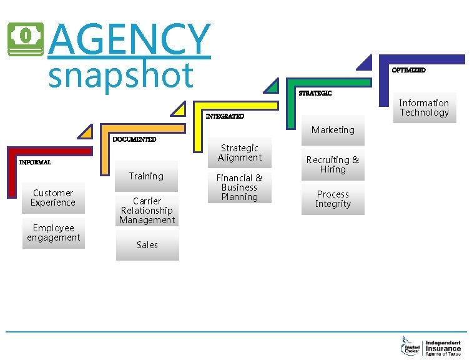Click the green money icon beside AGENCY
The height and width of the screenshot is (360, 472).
(26, 39)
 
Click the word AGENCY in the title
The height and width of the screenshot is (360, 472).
(129, 39)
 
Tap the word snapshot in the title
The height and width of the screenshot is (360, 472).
(121, 75)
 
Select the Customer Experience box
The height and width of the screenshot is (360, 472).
(53, 197)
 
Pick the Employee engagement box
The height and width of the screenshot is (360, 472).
(53, 232)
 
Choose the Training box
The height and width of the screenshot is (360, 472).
(146, 176)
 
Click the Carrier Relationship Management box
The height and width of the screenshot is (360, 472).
(147, 211)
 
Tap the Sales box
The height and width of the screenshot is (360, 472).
(147, 245)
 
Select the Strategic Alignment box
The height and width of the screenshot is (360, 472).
(240, 152)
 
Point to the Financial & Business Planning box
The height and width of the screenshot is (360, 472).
(240, 187)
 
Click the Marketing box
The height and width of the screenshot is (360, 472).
(333, 130)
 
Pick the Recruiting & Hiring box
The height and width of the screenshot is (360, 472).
(333, 164)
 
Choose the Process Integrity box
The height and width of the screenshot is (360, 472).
(333, 199)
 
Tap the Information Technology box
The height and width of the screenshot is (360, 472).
(425, 107)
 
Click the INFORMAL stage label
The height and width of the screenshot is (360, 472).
(35, 162)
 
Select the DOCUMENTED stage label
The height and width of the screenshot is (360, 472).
(134, 139)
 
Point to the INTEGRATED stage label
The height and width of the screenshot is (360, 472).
(225, 116)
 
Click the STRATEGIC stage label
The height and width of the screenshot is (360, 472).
(315, 93)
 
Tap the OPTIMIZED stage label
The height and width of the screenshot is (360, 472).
(408, 70)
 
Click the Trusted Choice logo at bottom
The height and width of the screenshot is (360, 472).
(411, 346)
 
